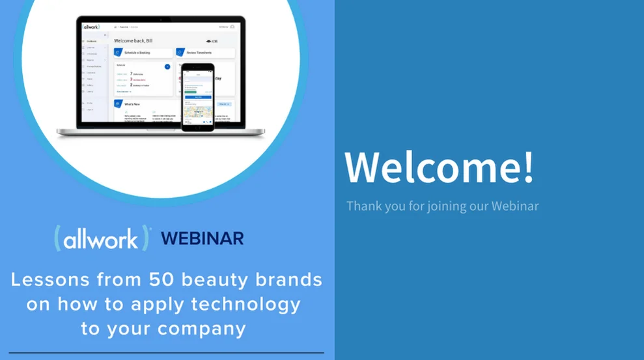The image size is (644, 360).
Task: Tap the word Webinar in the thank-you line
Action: coord(514,206)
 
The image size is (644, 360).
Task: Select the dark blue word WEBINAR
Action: coord(202,238)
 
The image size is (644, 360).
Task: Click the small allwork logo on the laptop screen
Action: coord(91,27)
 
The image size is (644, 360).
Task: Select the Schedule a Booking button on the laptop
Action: coord(143,52)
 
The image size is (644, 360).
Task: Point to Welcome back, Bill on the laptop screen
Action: coord(134,40)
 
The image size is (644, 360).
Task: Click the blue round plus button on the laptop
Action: coord(167,66)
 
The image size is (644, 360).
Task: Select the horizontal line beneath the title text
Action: coord(166,353)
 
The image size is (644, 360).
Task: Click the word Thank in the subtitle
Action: coord(361,206)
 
